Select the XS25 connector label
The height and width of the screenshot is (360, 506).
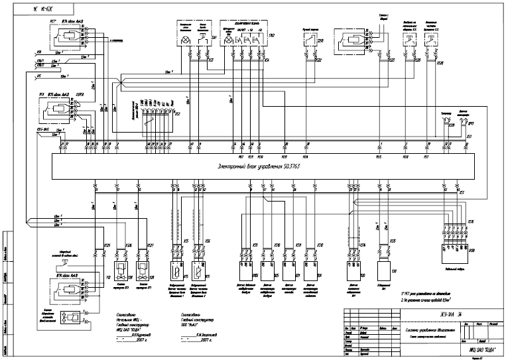pyautogui.click(x=107, y=246)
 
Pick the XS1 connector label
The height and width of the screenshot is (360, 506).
pyautogui.click(x=468, y=137)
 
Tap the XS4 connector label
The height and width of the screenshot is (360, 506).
pyautogui.click(x=266, y=60)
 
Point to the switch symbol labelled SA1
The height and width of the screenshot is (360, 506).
pyautogui.click(x=202, y=40)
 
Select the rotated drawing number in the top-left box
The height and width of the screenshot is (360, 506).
pyautogui.click(x=39, y=10)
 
